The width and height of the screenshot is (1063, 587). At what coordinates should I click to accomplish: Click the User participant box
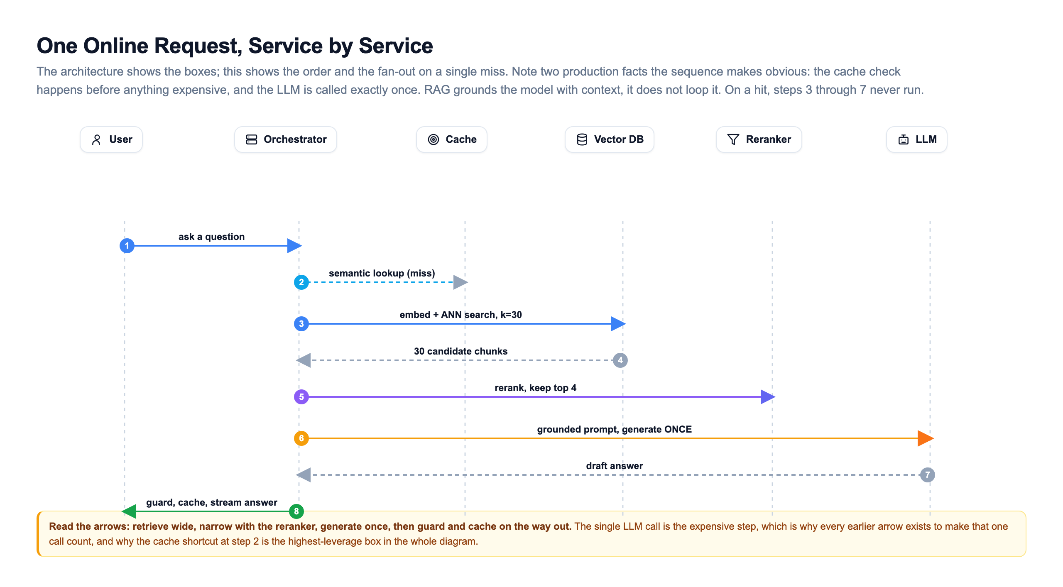(x=111, y=139)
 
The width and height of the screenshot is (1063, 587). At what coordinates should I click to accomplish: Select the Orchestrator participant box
(x=286, y=139)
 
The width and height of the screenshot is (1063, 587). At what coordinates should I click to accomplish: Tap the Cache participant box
(x=452, y=139)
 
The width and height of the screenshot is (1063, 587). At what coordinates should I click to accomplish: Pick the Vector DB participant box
(x=610, y=139)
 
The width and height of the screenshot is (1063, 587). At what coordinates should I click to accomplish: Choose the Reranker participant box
(x=759, y=139)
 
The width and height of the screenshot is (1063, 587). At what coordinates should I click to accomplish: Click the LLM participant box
(x=917, y=139)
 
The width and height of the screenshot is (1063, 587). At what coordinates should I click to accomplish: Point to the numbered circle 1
(x=127, y=246)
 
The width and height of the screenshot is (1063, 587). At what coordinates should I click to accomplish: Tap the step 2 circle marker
(x=301, y=282)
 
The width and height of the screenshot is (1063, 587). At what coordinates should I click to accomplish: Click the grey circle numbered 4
(x=620, y=360)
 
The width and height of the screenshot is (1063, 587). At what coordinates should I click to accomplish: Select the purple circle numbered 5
(x=301, y=397)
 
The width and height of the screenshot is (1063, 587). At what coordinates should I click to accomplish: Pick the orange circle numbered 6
(x=301, y=438)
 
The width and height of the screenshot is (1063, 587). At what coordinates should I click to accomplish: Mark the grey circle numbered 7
(x=928, y=475)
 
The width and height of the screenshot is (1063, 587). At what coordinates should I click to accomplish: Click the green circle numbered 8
(x=296, y=511)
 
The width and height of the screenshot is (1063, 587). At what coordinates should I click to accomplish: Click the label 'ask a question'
(x=212, y=237)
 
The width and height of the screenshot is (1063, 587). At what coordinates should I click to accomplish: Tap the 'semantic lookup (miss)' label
(x=382, y=273)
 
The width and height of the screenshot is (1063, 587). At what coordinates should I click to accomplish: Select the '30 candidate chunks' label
(x=461, y=351)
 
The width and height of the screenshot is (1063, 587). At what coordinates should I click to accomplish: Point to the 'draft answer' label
(x=615, y=466)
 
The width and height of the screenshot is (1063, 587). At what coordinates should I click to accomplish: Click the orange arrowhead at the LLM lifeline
(x=926, y=438)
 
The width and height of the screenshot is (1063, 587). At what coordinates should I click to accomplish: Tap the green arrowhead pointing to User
(x=129, y=511)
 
